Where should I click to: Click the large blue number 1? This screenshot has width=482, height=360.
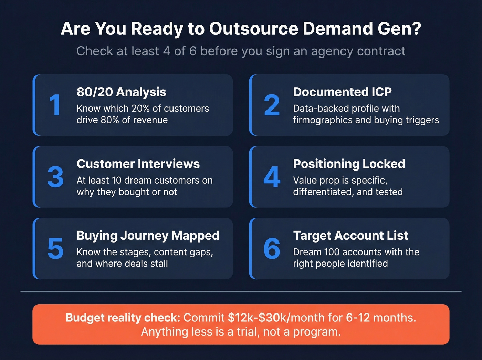pos(55,105)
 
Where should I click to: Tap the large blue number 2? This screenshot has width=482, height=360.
pos(272,105)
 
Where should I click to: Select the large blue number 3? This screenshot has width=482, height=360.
pos(55,177)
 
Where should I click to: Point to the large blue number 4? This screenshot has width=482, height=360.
pos(272,177)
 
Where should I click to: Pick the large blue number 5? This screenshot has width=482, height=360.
pos(55,249)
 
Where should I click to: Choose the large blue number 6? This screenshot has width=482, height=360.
pos(272,249)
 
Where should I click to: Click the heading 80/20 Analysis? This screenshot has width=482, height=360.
pos(121,92)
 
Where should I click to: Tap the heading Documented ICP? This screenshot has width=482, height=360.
pos(342,92)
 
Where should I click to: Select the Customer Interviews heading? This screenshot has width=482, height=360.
pos(138,164)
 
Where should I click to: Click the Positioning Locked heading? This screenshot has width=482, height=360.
pos(349,164)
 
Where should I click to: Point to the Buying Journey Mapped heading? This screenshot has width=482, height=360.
pos(148,236)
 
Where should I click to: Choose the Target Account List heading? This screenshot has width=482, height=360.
pos(350,236)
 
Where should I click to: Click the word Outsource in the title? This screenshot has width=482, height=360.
pos(254,29)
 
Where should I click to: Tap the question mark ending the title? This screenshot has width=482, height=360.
pos(417,29)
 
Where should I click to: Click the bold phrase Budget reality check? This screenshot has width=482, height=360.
pos(123,318)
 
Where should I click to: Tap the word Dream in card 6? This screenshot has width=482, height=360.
pos(307,252)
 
